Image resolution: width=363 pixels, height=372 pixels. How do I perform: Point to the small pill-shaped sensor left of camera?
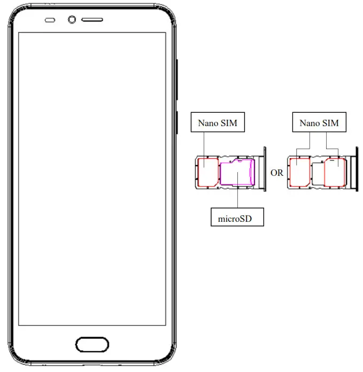(x=50, y=20)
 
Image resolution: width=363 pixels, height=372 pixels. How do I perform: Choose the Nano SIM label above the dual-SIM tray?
(x=319, y=123)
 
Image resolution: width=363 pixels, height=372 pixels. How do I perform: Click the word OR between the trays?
(x=277, y=173)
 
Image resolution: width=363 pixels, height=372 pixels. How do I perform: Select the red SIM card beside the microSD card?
(x=206, y=172)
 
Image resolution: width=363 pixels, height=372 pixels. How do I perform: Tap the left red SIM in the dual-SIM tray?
(x=298, y=172)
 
